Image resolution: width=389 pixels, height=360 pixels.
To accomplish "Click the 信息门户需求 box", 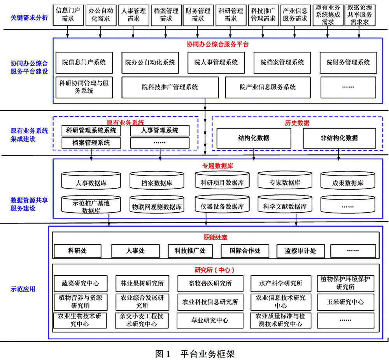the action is pyautogui.click(x=68, y=15).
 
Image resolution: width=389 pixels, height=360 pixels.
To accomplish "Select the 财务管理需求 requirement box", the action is pyautogui.click(x=198, y=15).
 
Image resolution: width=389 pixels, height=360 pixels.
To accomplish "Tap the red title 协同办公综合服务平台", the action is pyautogui.click(x=217, y=44).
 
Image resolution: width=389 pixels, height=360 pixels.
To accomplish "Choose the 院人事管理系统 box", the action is pyautogui.click(x=216, y=63).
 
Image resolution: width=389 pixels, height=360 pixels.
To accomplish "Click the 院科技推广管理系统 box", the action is pyautogui.click(x=170, y=87).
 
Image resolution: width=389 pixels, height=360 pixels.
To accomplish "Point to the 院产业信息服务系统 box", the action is pyautogui.click(x=268, y=87).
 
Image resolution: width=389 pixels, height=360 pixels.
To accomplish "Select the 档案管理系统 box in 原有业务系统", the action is pyautogui.click(x=91, y=143).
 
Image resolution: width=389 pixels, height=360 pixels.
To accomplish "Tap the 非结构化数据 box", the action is pyautogui.click(x=339, y=138).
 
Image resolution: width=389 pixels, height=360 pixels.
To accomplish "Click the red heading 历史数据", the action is pyautogui.click(x=297, y=123).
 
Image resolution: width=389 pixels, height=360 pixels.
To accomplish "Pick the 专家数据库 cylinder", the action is pyautogui.click(x=285, y=180).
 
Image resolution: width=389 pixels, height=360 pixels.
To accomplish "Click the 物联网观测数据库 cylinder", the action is pyautogui.click(x=157, y=204).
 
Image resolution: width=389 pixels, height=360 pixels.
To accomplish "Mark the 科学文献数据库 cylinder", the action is pyautogui.click(x=285, y=204).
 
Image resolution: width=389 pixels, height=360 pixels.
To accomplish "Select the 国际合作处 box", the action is pyautogui.click(x=245, y=251).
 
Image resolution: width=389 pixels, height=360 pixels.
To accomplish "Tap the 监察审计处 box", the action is pyautogui.click(x=300, y=251).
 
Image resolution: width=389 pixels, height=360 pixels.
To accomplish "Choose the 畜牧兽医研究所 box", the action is pyautogui.click(x=210, y=283).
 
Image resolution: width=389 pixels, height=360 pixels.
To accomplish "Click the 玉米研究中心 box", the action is pyautogui.click(x=345, y=302).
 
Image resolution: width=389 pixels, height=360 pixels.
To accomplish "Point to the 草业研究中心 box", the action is pyautogui.click(x=210, y=321).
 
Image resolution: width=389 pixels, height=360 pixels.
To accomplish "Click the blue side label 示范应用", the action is pyautogui.click(x=23, y=289).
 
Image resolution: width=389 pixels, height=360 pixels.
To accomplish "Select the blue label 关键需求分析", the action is pyautogui.click(x=29, y=17).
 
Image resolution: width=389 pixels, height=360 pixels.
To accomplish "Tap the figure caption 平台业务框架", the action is pyautogui.click(x=207, y=354).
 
